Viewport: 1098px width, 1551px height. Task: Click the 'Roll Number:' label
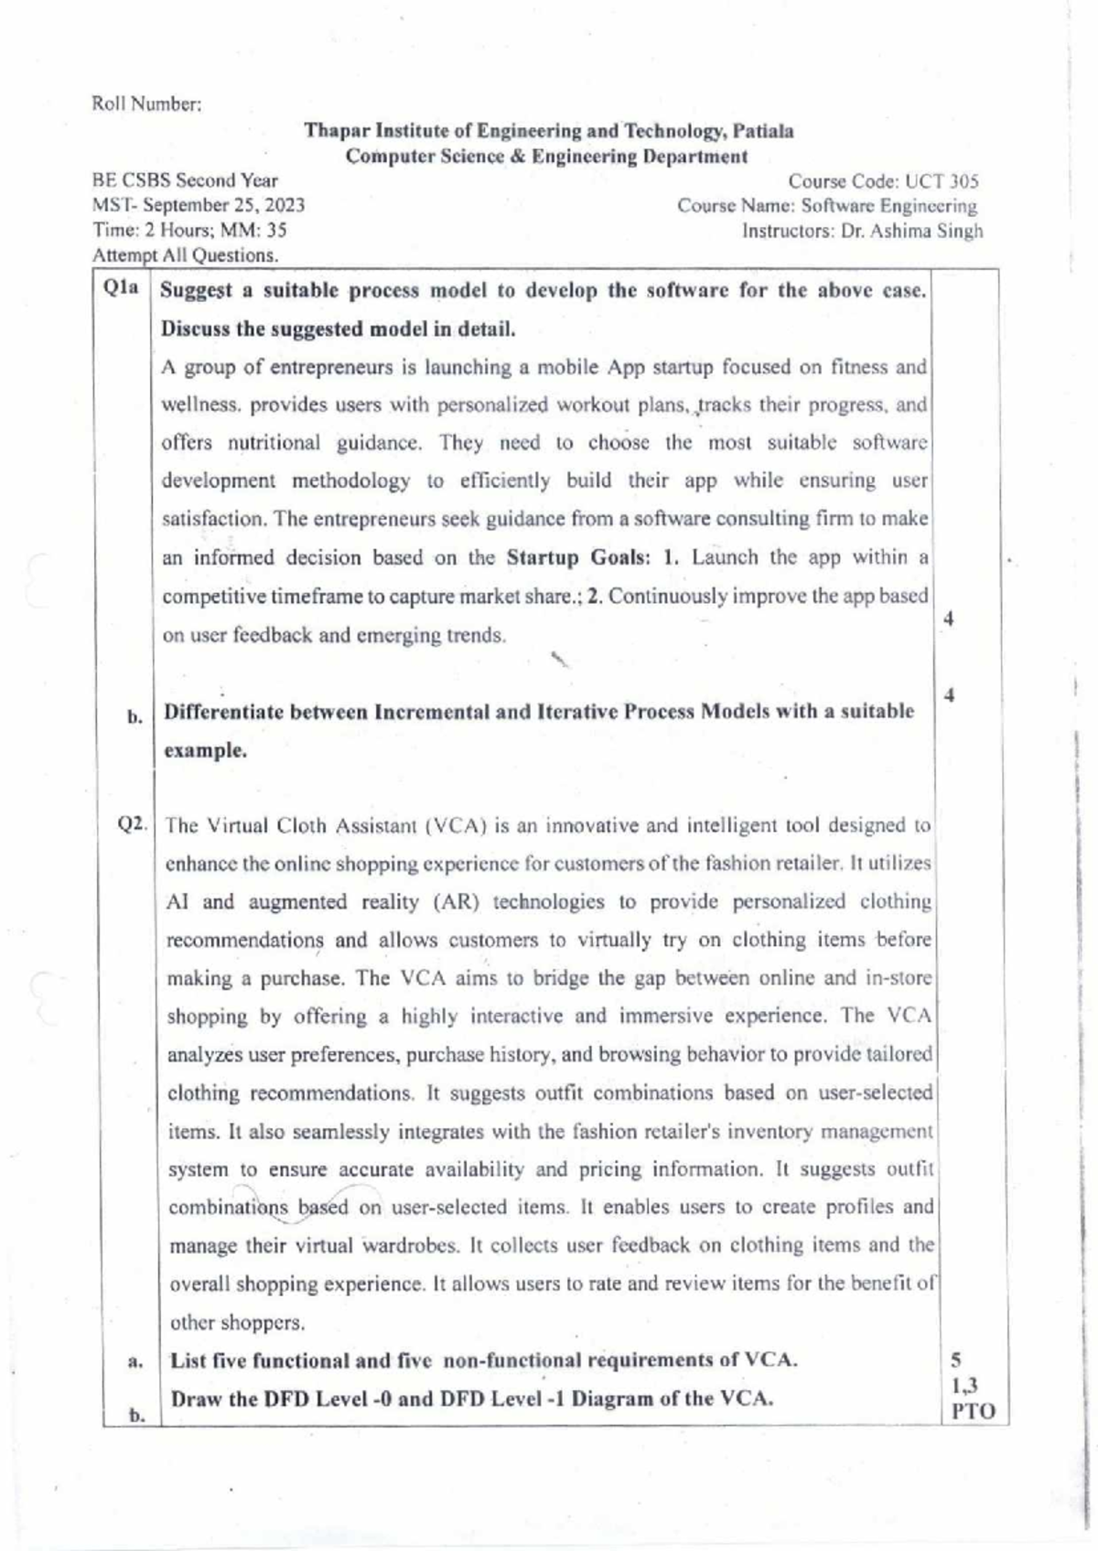pos(146,104)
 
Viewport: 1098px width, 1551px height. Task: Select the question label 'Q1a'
pos(121,288)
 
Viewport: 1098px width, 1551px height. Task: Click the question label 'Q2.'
pos(134,824)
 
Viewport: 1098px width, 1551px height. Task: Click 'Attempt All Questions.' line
pos(185,255)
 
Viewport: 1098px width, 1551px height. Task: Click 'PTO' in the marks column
pos(973,1411)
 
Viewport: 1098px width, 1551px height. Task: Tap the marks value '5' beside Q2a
pos(956,1361)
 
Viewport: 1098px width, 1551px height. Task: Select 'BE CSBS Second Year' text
pos(186,180)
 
